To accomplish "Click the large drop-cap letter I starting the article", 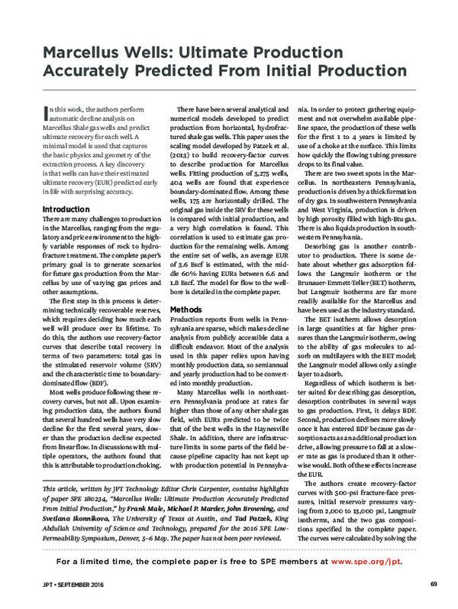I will [x=46, y=115].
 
